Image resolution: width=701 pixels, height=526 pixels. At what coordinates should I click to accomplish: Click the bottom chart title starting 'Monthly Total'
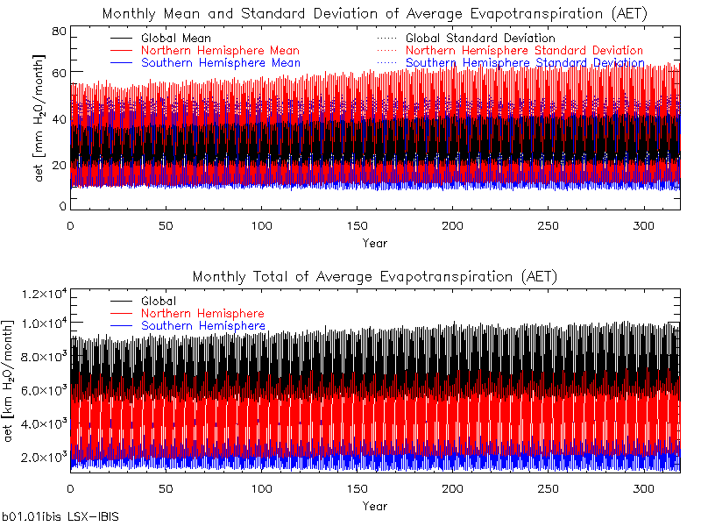click(374, 276)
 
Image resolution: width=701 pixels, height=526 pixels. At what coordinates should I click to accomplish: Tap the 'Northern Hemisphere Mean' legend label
click(220, 51)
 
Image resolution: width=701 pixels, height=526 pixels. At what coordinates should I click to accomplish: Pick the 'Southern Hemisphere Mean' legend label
click(221, 63)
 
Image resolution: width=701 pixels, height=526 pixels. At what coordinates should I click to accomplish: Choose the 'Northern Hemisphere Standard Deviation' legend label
click(524, 51)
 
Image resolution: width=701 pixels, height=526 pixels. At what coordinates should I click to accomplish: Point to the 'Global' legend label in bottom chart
click(159, 302)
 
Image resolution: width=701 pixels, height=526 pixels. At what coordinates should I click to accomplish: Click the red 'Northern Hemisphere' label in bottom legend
click(202, 314)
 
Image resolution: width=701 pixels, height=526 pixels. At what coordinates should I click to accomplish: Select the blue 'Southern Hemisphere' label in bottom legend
click(203, 326)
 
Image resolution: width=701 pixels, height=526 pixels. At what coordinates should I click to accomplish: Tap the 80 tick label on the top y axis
click(60, 32)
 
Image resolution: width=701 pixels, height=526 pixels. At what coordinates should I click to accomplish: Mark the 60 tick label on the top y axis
click(60, 72)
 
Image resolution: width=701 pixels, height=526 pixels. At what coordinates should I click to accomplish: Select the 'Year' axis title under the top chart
click(374, 243)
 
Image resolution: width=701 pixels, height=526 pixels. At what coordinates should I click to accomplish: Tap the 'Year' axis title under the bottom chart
click(374, 506)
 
